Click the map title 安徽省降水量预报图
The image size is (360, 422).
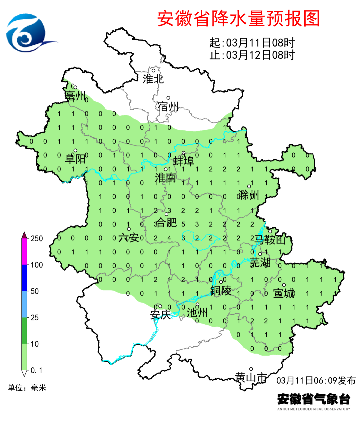[x=238, y=18]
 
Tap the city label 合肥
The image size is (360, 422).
[x=166, y=222]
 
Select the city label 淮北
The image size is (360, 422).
[x=153, y=79]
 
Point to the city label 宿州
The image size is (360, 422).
[x=168, y=106]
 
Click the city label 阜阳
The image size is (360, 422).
[x=75, y=158]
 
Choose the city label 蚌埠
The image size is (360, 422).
[x=183, y=161]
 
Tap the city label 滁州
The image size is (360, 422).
[x=249, y=195]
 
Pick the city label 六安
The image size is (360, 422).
[x=129, y=238]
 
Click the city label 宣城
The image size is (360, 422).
[x=284, y=293]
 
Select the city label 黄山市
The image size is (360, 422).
[x=251, y=377]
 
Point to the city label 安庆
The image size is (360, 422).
[x=160, y=315]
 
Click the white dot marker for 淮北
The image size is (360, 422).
[x=154, y=70]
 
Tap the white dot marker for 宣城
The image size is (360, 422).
[x=284, y=285]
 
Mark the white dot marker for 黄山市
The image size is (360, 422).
[x=251, y=369]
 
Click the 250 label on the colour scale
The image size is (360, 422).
[x=37, y=239]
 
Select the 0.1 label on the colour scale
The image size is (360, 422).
[x=36, y=370]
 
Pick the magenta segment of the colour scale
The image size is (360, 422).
[x=24, y=252]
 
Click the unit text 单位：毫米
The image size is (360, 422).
[x=27, y=388]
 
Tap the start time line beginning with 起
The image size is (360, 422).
[x=252, y=43]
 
